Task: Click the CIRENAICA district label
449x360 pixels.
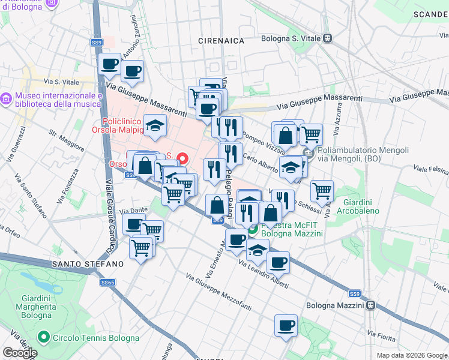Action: point(221,40)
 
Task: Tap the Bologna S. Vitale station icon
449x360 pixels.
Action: point(327,38)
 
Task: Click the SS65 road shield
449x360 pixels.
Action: point(108,282)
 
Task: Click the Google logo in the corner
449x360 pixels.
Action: point(20,353)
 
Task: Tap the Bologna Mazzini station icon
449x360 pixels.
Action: point(372,305)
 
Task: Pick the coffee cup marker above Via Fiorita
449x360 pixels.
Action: point(286,325)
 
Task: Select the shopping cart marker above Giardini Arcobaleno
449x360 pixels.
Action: point(322,191)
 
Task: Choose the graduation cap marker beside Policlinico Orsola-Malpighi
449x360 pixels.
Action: point(155,125)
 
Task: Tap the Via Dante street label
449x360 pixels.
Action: point(133,211)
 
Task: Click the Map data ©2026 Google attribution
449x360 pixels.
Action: point(412,355)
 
